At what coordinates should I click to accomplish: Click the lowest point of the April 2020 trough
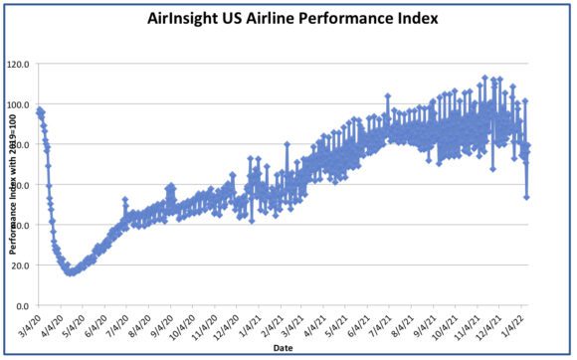click(70, 272)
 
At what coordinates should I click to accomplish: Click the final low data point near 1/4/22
click(526, 197)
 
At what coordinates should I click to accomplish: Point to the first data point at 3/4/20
click(38, 110)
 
